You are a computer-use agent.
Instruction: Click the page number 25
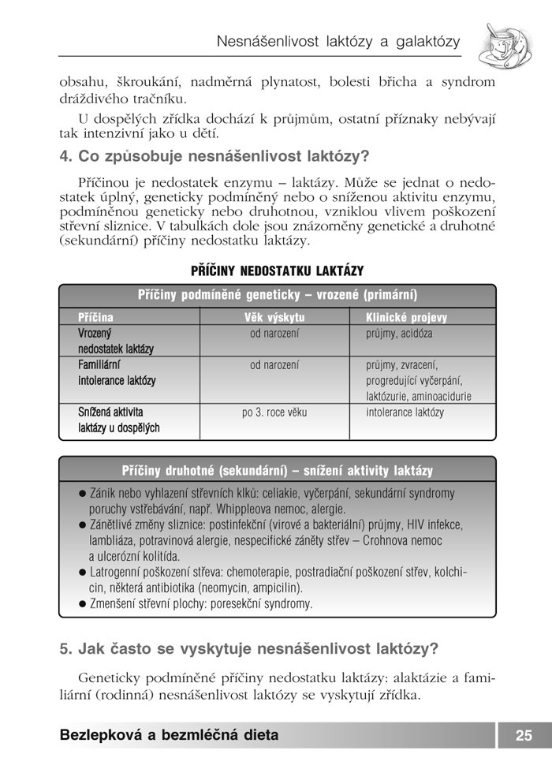[524, 736]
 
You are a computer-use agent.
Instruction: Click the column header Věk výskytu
[274, 318]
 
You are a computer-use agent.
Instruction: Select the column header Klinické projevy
[406, 318]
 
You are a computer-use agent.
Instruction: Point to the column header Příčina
[95, 318]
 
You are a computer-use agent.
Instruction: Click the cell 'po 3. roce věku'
[274, 412]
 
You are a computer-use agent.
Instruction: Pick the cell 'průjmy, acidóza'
[399, 334]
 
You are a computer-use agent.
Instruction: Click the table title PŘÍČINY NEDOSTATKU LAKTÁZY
[277, 271]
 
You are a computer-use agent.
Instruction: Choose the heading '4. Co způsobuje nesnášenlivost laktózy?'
[214, 156]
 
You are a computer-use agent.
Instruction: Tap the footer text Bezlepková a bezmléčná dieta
[169, 736]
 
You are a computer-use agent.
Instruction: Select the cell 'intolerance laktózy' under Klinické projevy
[405, 412]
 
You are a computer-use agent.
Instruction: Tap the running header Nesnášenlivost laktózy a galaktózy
[338, 42]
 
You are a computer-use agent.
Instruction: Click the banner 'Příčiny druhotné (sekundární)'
[277, 471]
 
